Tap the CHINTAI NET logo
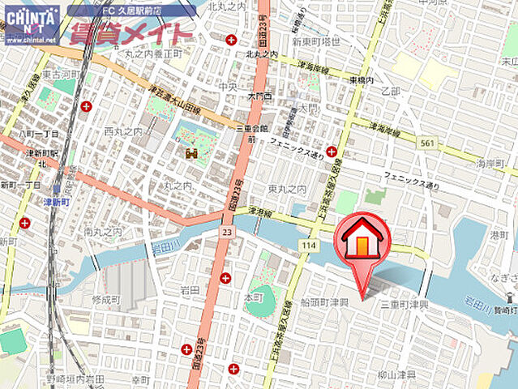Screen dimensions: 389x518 [x=32, y=24]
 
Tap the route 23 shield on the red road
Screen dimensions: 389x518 [x=226, y=233]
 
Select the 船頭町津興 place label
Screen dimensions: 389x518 [x=324, y=302]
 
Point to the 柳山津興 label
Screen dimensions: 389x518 [x=396, y=375]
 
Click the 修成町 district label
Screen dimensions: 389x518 [x=105, y=299]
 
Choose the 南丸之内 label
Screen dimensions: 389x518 [x=102, y=233]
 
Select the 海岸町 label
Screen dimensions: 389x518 [x=490, y=164]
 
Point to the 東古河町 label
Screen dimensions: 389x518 [x=59, y=74]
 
